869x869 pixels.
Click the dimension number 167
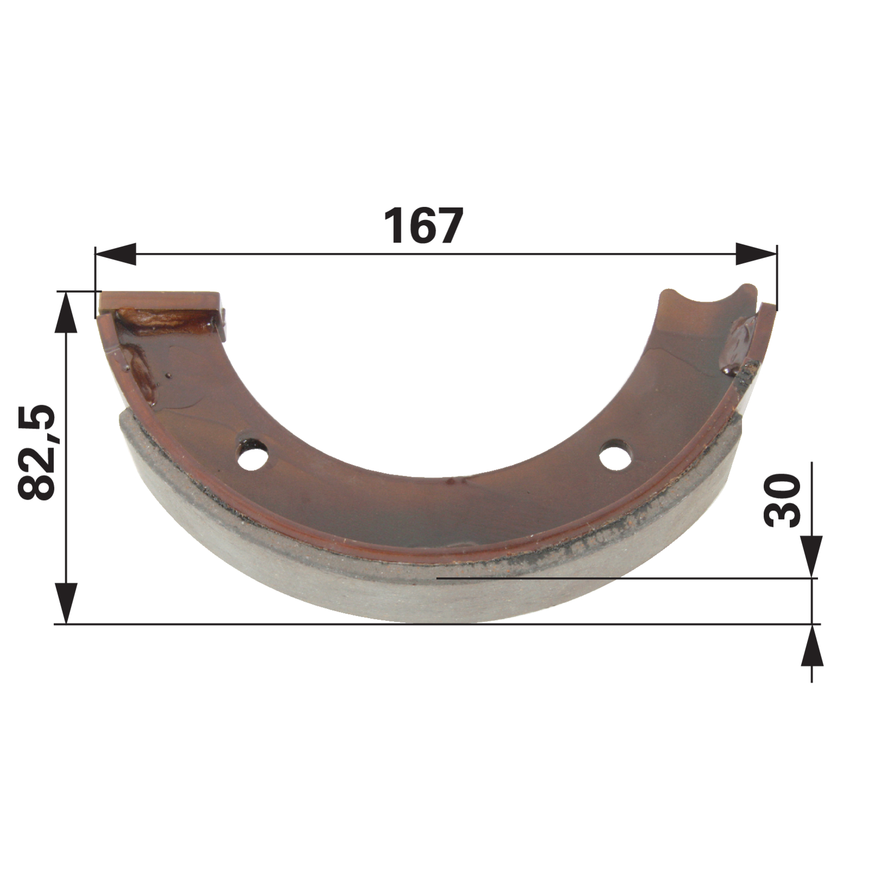(x=423, y=225)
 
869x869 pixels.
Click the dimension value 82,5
(x=37, y=452)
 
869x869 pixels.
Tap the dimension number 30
(x=783, y=500)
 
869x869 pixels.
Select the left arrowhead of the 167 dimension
(x=115, y=254)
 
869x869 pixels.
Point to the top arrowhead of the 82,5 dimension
(x=66, y=312)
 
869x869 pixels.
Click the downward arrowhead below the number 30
(x=811, y=557)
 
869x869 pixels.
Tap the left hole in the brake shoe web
(x=254, y=452)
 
